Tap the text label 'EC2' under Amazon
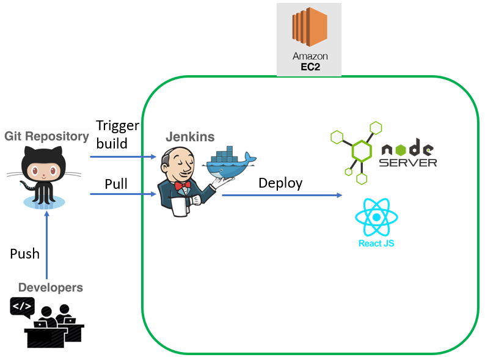tap(309, 67)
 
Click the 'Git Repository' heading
tap(46, 136)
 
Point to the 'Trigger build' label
tap(117, 134)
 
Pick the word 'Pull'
tap(116, 184)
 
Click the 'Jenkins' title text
tap(190, 136)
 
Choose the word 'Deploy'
tap(280, 183)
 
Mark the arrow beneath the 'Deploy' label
tap(282, 195)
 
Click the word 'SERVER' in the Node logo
tap(408, 163)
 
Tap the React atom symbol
tap(376, 217)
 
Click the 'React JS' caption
tap(376, 243)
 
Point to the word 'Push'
tap(25, 254)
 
